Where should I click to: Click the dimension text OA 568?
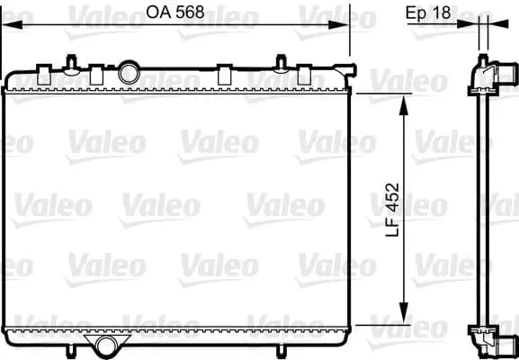point(175,13)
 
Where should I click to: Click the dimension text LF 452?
point(393,210)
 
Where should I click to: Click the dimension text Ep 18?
point(428,13)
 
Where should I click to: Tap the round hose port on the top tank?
point(129,73)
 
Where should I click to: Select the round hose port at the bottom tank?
point(106,346)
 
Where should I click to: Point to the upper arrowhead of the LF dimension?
point(404,105)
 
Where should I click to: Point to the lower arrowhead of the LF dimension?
point(404,312)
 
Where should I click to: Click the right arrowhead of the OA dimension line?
point(338,24)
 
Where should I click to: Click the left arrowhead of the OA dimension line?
point(13,24)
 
